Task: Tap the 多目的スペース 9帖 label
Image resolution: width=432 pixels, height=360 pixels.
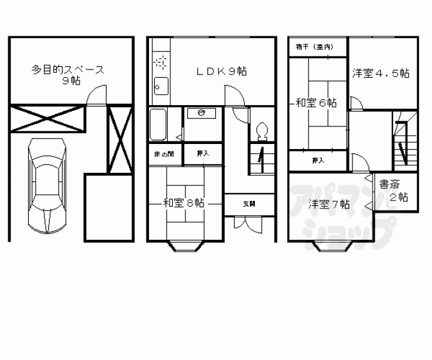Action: pos(68,75)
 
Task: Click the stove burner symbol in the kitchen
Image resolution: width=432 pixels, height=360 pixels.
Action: pos(159,63)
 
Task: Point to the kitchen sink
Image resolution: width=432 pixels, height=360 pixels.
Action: pos(160,84)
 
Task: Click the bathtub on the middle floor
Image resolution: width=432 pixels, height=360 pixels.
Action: pos(158,125)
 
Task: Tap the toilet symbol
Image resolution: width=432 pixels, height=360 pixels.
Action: pos(262,131)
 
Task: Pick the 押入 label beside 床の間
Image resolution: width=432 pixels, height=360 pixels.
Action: pos(202,153)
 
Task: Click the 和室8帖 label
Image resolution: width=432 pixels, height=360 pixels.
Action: pos(183,202)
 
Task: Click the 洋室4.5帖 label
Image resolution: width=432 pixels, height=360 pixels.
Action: pos(381,73)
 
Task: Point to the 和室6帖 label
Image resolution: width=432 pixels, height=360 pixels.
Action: pos(316,102)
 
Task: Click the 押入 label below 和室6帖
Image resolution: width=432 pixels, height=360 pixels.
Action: pos(319,161)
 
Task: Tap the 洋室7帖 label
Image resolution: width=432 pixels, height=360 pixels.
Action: pos(328,203)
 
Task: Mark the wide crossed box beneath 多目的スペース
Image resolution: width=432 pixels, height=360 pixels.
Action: pos(47,118)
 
